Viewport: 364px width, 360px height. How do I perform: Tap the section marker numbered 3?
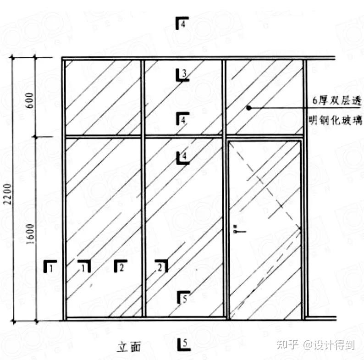(x=182, y=74)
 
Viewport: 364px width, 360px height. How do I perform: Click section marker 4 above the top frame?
(x=182, y=23)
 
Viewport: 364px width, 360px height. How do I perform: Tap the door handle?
(x=236, y=228)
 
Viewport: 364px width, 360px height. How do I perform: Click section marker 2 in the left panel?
(x=120, y=266)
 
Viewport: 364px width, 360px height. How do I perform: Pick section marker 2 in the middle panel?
(x=161, y=266)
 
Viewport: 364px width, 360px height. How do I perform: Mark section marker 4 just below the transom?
(x=183, y=158)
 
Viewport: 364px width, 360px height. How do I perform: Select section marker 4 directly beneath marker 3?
(x=182, y=120)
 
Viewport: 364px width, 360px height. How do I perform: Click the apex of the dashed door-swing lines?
(x=301, y=228)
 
